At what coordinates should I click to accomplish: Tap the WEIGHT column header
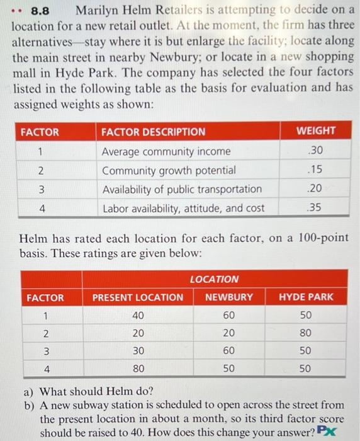tap(315, 131)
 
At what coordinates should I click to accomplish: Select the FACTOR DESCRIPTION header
tap(153, 132)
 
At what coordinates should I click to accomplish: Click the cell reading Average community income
tap(166, 151)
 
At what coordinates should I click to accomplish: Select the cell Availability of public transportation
tap(182, 189)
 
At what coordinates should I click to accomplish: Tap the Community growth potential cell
tap(169, 170)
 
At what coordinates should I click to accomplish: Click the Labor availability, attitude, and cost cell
tap(183, 208)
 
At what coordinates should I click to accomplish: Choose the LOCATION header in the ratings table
tap(214, 278)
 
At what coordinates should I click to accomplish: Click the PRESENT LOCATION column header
tap(138, 297)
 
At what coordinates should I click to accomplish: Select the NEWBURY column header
tap(229, 297)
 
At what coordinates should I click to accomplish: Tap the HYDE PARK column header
tap(306, 297)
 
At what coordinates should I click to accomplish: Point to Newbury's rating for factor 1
tap(229, 314)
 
